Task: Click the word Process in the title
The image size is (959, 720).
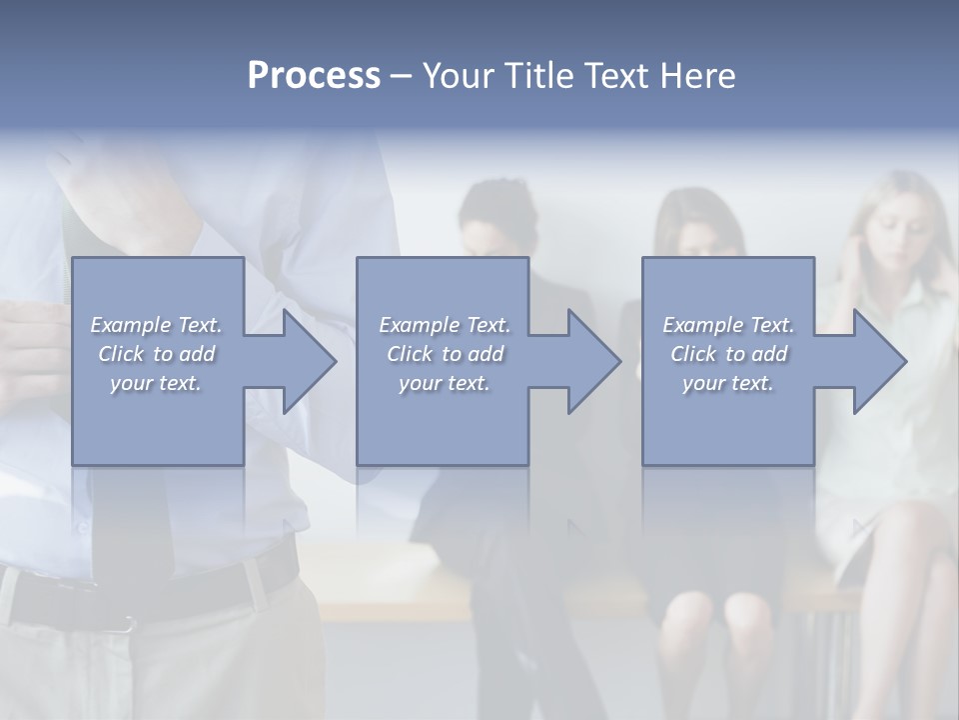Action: tap(314, 76)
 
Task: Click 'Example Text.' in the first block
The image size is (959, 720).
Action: tap(156, 325)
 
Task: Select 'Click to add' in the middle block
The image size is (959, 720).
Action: tap(445, 354)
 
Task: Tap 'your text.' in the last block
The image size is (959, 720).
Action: tap(728, 383)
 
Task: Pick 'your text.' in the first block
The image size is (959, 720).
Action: tap(156, 383)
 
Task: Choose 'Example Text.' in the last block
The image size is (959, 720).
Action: tap(728, 325)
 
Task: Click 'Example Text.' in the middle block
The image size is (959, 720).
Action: tap(445, 325)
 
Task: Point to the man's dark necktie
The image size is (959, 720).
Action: tap(130, 520)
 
